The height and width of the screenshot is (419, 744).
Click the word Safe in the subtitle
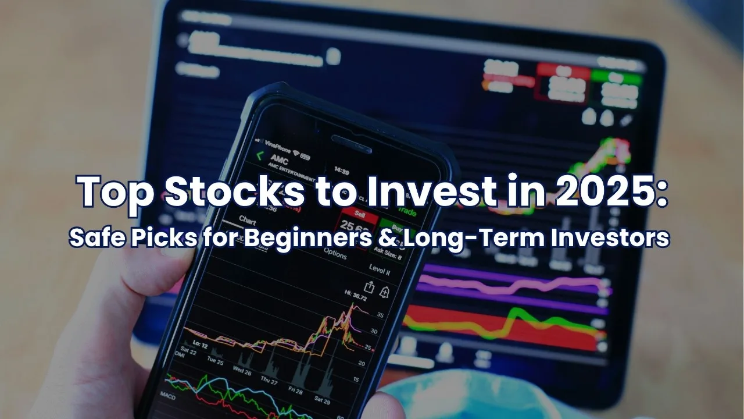[x=94, y=239]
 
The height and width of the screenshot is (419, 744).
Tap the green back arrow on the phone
[x=260, y=155]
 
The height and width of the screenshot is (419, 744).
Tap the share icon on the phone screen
[x=369, y=286]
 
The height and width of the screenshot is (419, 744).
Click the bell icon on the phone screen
[x=384, y=292]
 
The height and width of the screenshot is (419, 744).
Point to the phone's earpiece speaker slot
[x=351, y=144]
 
